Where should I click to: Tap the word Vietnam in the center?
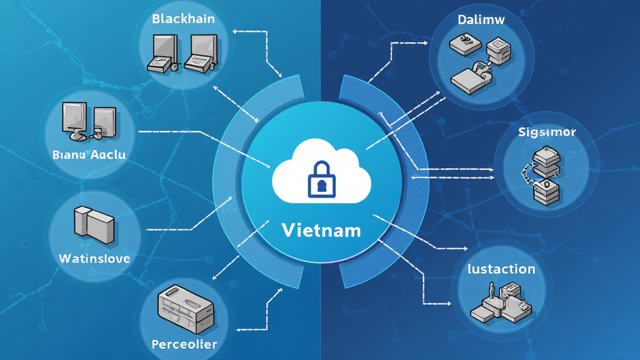[321, 230]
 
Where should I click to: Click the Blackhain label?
[183, 19]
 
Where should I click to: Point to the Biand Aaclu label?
[89, 154]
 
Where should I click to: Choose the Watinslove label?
[94, 257]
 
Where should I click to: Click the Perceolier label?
[184, 344]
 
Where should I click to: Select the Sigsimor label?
[547, 132]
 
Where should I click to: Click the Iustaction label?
[501, 269]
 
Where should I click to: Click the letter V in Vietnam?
[288, 230]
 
